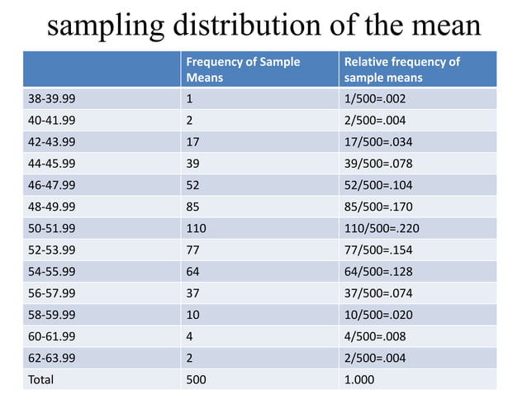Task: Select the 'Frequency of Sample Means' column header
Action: click(x=243, y=69)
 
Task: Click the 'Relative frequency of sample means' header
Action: click(x=401, y=69)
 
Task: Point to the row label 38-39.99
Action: click(x=52, y=99)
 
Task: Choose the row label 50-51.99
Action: click(x=52, y=228)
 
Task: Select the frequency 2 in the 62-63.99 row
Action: click(x=191, y=357)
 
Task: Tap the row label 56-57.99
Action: click(x=52, y=293)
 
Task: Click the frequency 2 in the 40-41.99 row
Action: click(x=191, y=121)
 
